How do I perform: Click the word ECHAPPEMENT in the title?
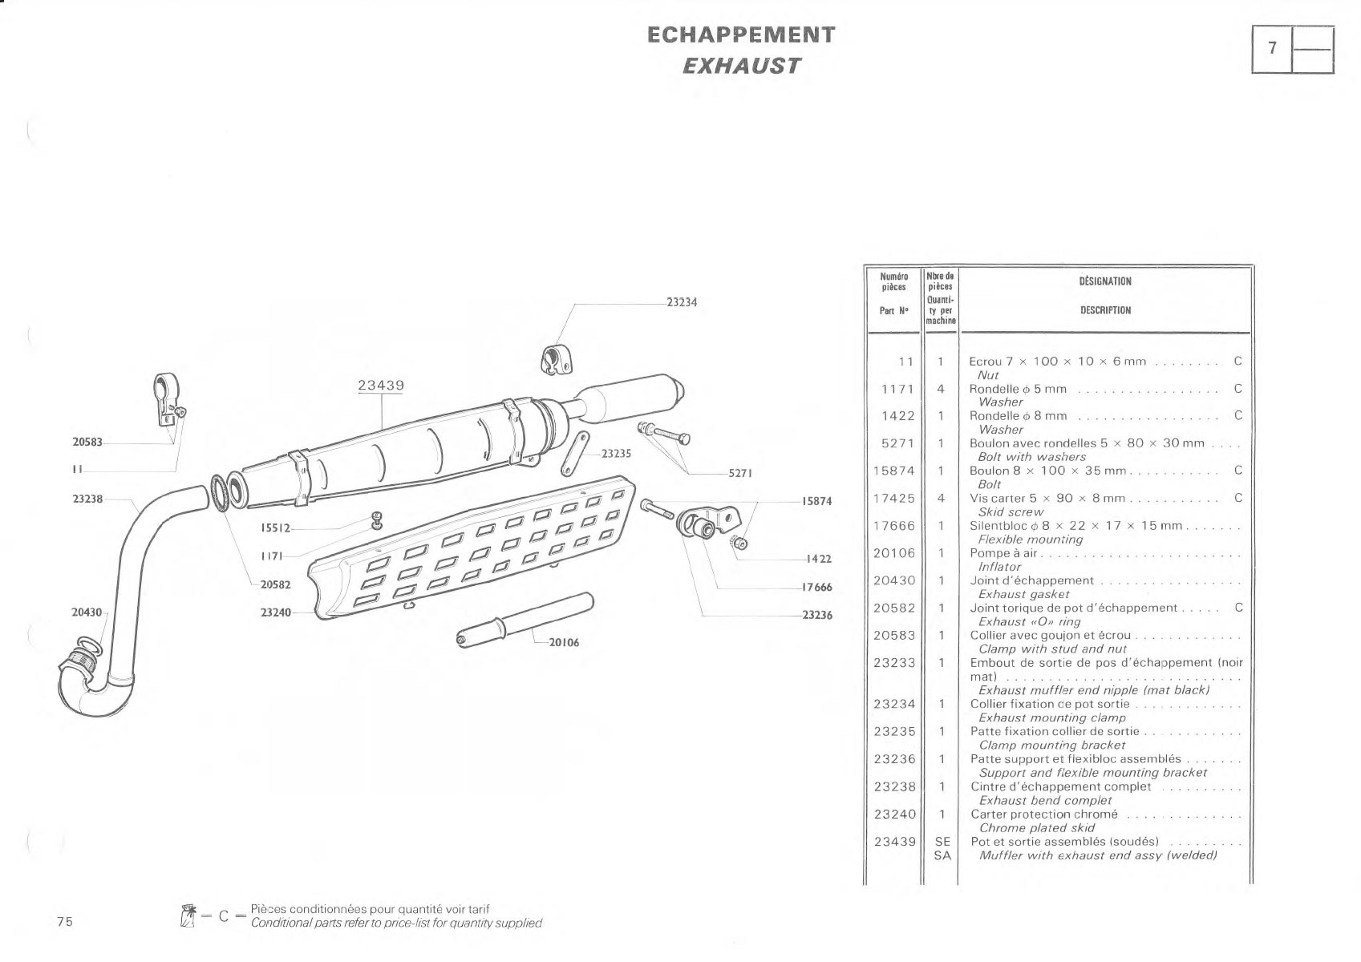tap(741, 34)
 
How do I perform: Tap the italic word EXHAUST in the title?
tap(741, 66)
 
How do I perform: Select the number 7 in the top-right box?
tap(1272, 48)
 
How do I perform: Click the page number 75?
tap(65, 921)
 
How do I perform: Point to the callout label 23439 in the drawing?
tap(381, 385)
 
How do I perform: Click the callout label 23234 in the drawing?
tap(682, 302)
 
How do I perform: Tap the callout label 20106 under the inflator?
tap(564, 642)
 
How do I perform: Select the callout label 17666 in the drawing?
tap(816, 587)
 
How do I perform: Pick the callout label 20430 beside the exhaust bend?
tap(87, 612)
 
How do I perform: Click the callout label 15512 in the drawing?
tap(276, 527)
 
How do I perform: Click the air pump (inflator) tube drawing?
tap(525, 620)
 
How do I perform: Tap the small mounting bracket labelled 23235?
tap(574, 454)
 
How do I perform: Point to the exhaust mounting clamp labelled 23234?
tap(556, 359)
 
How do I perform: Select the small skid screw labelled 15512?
tap(378, 519)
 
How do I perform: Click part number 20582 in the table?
tap(893, 608)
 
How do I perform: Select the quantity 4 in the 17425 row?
tap(941, 498)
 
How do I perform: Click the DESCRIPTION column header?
tap(1105, 310)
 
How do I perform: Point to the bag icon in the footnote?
tap(188, 916)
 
